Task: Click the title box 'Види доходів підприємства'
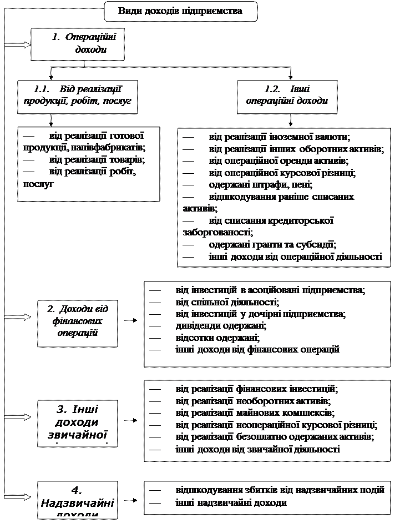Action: [x=181, y=11]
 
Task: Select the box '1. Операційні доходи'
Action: [x=77, y=43]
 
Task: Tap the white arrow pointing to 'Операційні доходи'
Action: [x=17, y=44]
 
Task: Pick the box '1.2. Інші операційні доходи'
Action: [x=287, y=95]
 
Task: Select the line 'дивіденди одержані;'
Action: [x=208, y=326]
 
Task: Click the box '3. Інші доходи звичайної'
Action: [x=78, y=423]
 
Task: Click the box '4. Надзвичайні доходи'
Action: [x=78, y=499]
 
